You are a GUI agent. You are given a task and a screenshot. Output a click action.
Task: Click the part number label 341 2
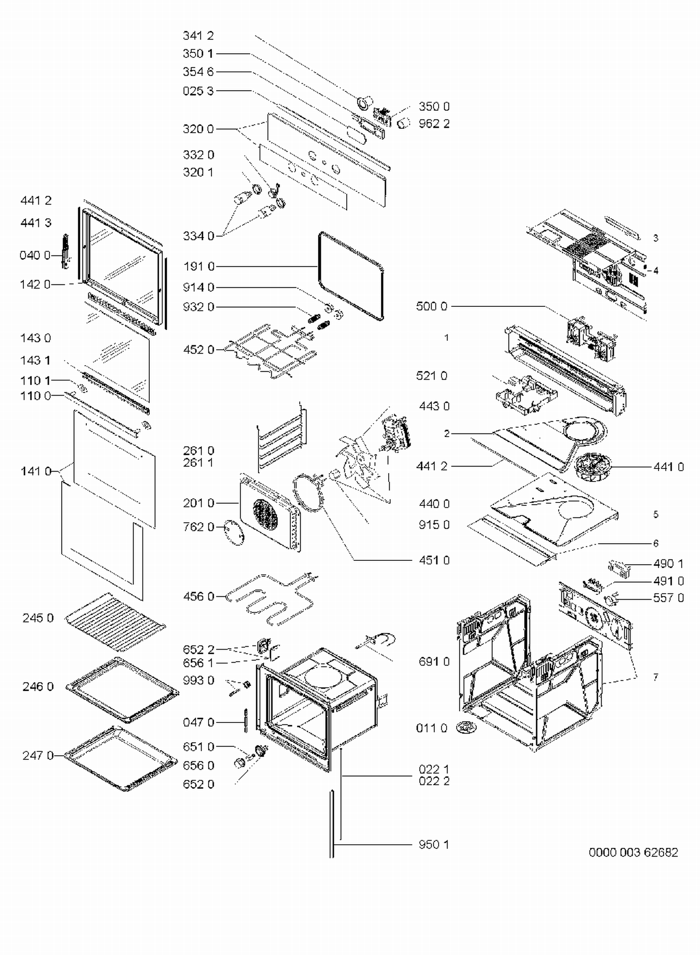(198, 35)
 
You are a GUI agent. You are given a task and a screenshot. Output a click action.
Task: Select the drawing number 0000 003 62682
(633, 852)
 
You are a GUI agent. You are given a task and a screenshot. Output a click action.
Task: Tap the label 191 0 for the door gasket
(198, 267)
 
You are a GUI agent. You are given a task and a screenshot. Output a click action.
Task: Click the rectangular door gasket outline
(382, 290)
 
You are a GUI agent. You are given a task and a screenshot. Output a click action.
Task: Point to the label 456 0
(198, 596)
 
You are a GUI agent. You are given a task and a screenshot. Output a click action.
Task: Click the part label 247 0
(38, 755)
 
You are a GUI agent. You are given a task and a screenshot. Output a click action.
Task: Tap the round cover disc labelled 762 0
(234, 532)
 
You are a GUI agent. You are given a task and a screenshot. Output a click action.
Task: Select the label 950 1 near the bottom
(434, 844)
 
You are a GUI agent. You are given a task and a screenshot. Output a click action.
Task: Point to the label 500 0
(431, 306)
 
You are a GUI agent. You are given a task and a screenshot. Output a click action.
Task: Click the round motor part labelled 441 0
(590, 467)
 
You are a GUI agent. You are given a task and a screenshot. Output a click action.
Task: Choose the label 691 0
(434, 661)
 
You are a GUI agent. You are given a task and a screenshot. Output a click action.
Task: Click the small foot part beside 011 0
(466, 726)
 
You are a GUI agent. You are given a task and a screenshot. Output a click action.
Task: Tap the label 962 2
(434, 124)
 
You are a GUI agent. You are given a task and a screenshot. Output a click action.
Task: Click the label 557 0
(668, 598)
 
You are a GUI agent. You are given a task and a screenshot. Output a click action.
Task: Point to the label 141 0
(35, 471)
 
